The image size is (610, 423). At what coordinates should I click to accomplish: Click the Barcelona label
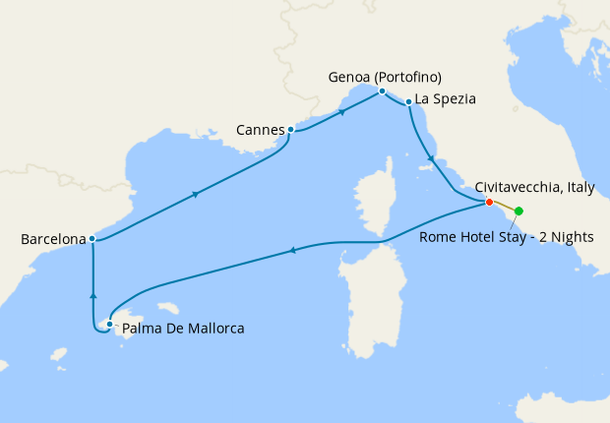[52, 238]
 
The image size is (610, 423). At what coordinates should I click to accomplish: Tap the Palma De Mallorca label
[183, 328]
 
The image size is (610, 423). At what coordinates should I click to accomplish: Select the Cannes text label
[260, 129]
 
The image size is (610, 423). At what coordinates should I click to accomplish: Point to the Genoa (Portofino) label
[386, 78]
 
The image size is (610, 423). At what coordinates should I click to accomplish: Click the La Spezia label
[446, 98]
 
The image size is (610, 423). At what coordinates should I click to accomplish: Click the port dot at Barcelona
[91, 238]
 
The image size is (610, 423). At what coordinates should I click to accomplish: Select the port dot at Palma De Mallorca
[109, 324]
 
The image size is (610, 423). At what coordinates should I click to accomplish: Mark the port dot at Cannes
[290, 129]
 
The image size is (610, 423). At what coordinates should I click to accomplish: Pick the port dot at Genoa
[382, 91]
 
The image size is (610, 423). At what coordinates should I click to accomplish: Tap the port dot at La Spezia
[408, 101]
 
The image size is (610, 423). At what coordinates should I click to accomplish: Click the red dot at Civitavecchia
[489, 203]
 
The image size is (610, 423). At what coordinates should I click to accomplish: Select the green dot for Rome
[518, 211]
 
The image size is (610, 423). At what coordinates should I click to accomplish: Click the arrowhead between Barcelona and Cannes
[197, 194]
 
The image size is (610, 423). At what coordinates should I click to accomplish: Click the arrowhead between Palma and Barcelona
[92, 293]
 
